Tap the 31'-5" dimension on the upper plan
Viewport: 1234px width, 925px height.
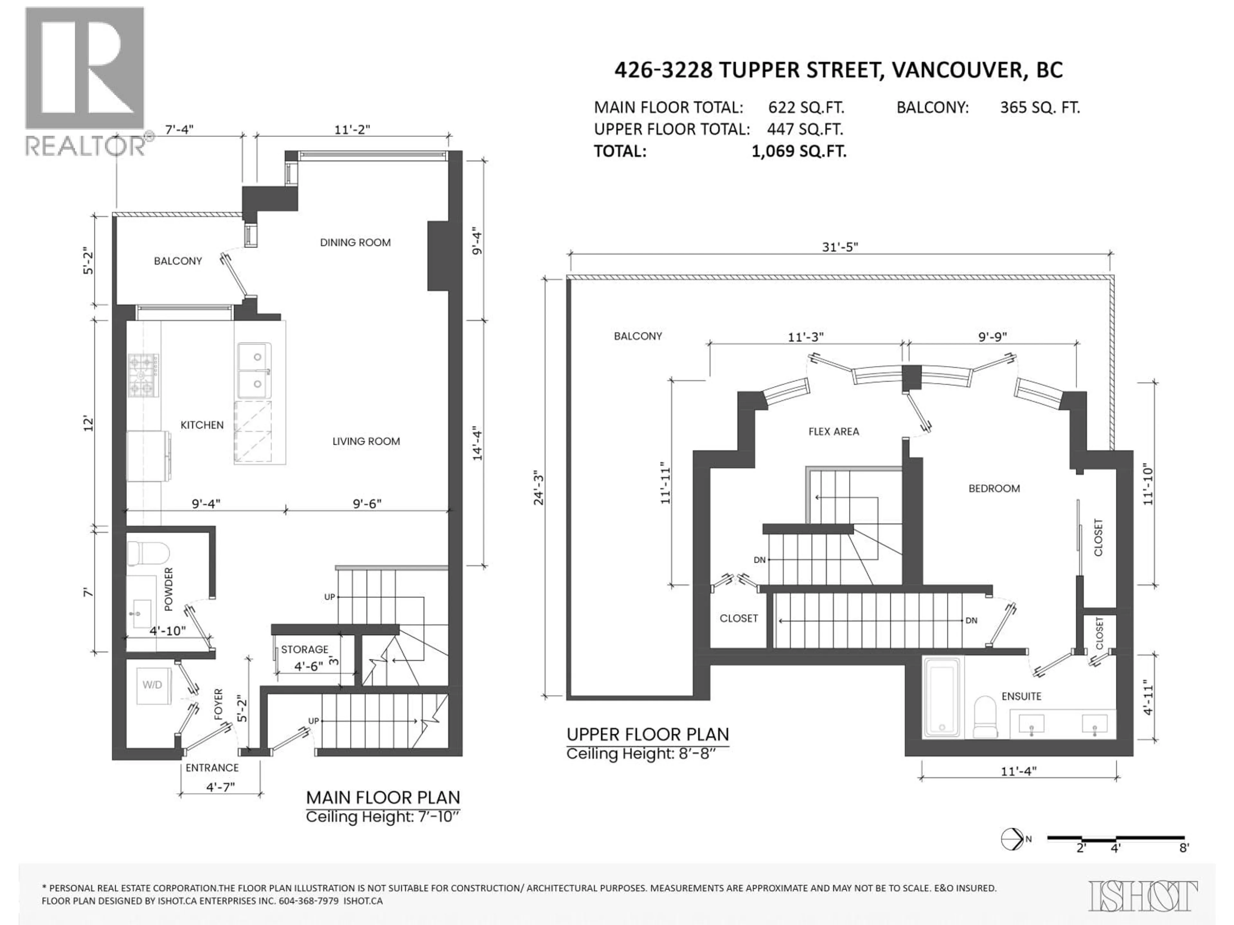pyautogui.click(x=840, y=247)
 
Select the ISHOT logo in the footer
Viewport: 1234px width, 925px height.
pyautogui.click(x=1142, y=896)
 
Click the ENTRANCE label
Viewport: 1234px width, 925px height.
pyautogui.click(x=212, y=768)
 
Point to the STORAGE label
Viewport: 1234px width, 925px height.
pyautogui.click(x=305, y=649)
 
